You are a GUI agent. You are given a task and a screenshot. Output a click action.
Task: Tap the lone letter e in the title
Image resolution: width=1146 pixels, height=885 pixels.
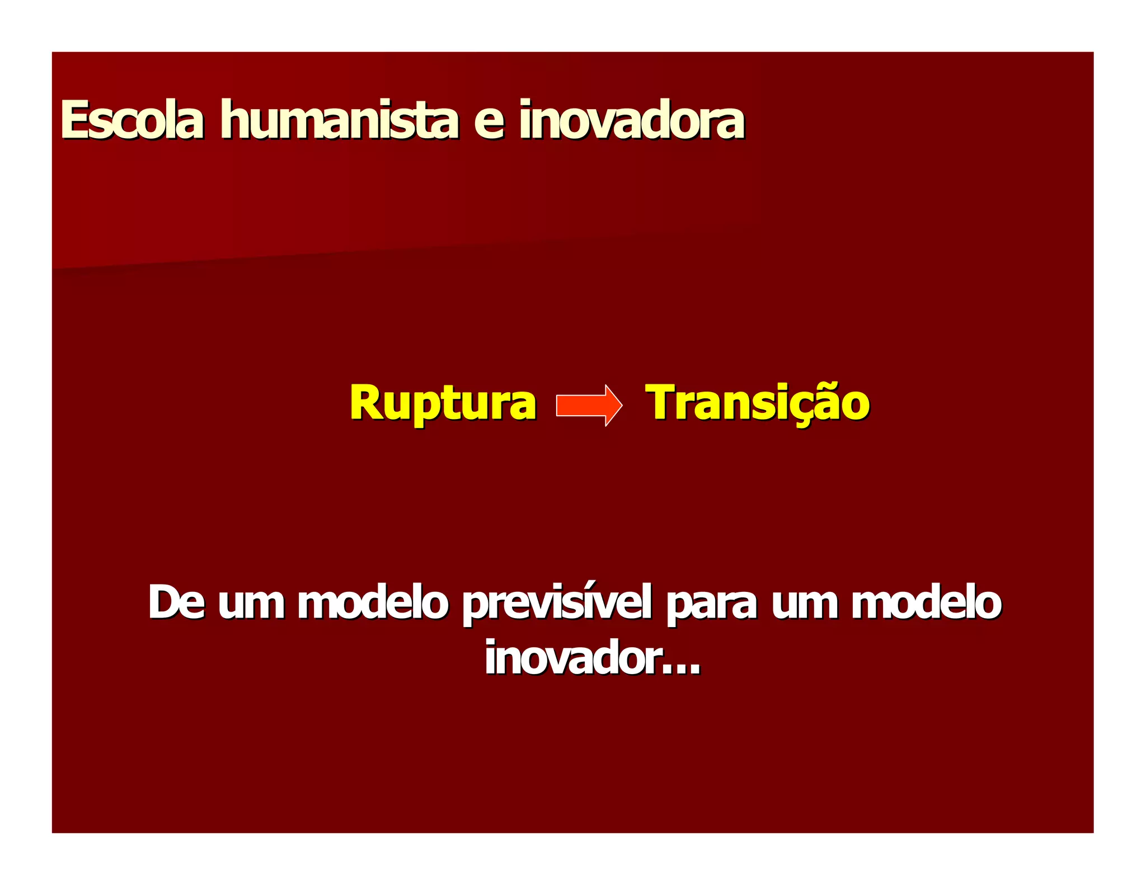click(x=489, y=122)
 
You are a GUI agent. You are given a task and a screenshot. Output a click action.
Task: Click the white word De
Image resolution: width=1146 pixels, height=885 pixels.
click(x=176, y=602)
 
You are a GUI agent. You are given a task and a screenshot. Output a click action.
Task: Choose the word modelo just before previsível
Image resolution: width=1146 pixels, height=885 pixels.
click(x=373, y=602)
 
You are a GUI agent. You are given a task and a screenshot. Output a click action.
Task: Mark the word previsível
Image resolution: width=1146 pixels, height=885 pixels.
click(x=557, y=604)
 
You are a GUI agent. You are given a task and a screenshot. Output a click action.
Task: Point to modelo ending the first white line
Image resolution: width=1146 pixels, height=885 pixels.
click(x=926, y=602)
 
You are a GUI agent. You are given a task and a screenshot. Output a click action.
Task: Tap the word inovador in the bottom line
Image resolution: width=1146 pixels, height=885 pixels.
click(x=572, y=658)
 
